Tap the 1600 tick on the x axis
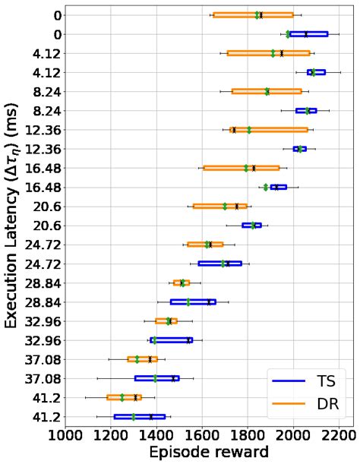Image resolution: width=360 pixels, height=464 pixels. (x=203, y=436)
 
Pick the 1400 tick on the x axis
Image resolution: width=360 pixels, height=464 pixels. (x=157, y=436)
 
